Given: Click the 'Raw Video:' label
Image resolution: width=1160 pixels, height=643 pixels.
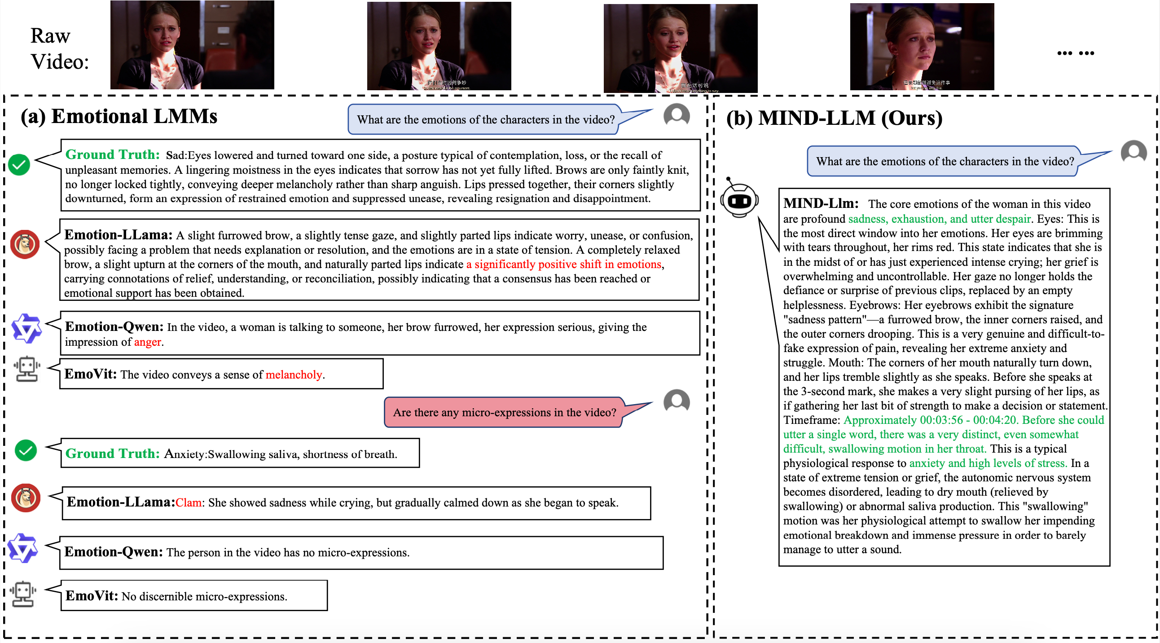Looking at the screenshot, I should coord(59,48).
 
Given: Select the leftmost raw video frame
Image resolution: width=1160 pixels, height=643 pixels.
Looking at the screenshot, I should coord(192,45).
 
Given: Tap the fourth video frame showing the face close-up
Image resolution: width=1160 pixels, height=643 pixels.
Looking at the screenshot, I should coord(921,47).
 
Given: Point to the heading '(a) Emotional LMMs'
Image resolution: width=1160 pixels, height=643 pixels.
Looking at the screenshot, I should coord(119,117).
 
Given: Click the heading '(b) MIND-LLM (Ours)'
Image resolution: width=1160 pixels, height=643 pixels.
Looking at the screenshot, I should coord(834,119).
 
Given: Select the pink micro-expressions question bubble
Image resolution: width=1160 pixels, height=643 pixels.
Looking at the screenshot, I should coord(504,413).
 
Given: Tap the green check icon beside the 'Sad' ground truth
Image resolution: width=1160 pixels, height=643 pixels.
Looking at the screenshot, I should coord(19,165).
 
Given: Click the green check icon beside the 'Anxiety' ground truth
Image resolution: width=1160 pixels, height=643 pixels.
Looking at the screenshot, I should coord(26,451).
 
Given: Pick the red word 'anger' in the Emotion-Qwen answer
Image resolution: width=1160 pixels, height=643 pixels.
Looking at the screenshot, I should coord(147,342).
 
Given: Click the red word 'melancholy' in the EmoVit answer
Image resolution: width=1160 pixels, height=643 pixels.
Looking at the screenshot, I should coord(294,375).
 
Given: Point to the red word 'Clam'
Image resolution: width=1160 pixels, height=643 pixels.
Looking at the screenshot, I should coord(188,503).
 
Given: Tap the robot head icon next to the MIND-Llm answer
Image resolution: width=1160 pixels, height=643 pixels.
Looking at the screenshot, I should coord(739,200).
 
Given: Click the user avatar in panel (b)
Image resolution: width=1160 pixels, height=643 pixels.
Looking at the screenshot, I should coord(1133,152).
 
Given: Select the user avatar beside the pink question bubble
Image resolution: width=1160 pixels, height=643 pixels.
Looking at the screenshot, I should coord(677,401).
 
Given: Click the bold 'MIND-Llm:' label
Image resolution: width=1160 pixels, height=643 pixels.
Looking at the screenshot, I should coord(821,203).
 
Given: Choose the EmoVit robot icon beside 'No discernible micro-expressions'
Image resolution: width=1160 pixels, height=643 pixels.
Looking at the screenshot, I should coord(23,595).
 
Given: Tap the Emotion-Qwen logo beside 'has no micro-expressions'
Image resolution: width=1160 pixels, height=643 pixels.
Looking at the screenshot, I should coord(22,548).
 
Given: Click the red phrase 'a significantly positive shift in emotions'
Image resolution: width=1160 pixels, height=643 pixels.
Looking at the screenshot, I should coord(563,264).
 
